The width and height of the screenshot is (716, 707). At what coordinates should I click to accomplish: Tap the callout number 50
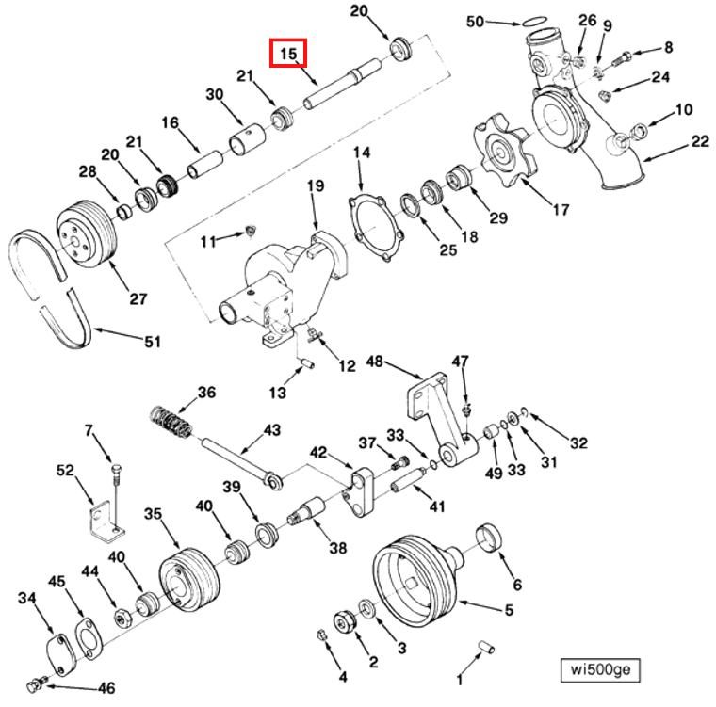coord(475,21)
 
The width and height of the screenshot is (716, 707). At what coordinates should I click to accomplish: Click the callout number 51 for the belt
coord(152,342)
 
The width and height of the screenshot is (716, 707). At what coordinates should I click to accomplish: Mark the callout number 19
coord(315,185)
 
